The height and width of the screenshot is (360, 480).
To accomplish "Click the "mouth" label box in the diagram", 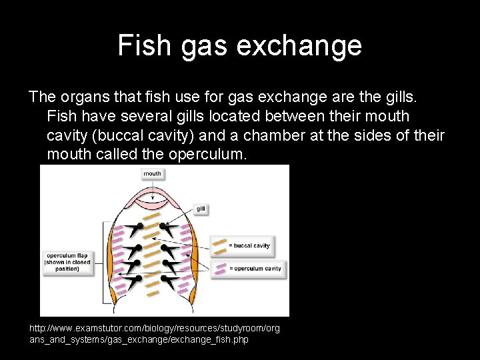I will point(153,173).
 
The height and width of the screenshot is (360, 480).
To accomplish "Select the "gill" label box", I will point(201,209).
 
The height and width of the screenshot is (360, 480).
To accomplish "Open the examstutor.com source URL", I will point(155,334).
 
